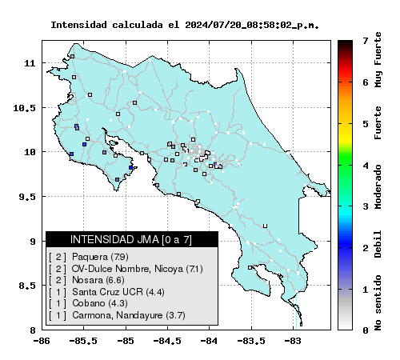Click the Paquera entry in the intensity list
coord(89,257)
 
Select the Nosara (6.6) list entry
coord(86,280)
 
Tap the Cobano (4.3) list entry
coord(88,303)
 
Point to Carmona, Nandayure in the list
coord(117,315)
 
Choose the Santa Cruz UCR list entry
coord(106,292)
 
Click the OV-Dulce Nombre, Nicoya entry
coord(126,269)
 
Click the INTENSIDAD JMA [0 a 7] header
coord(131,239)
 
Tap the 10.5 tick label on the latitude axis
coord(24,108)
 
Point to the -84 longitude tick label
coord(210,341)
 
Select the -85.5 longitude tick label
coord(84,341)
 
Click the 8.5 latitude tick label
coord(27,286)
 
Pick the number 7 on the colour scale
coord(366,41)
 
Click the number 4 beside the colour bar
coord(366,166)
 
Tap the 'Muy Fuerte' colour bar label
coord(378,60)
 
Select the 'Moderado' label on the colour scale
coord(378,186)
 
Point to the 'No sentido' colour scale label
coord(378,302)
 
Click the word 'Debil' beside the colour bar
coord(378,244)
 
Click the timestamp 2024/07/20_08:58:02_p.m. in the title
coord(252,25)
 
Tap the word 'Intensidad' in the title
coord(79,25)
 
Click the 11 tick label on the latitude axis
coord(30,63)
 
